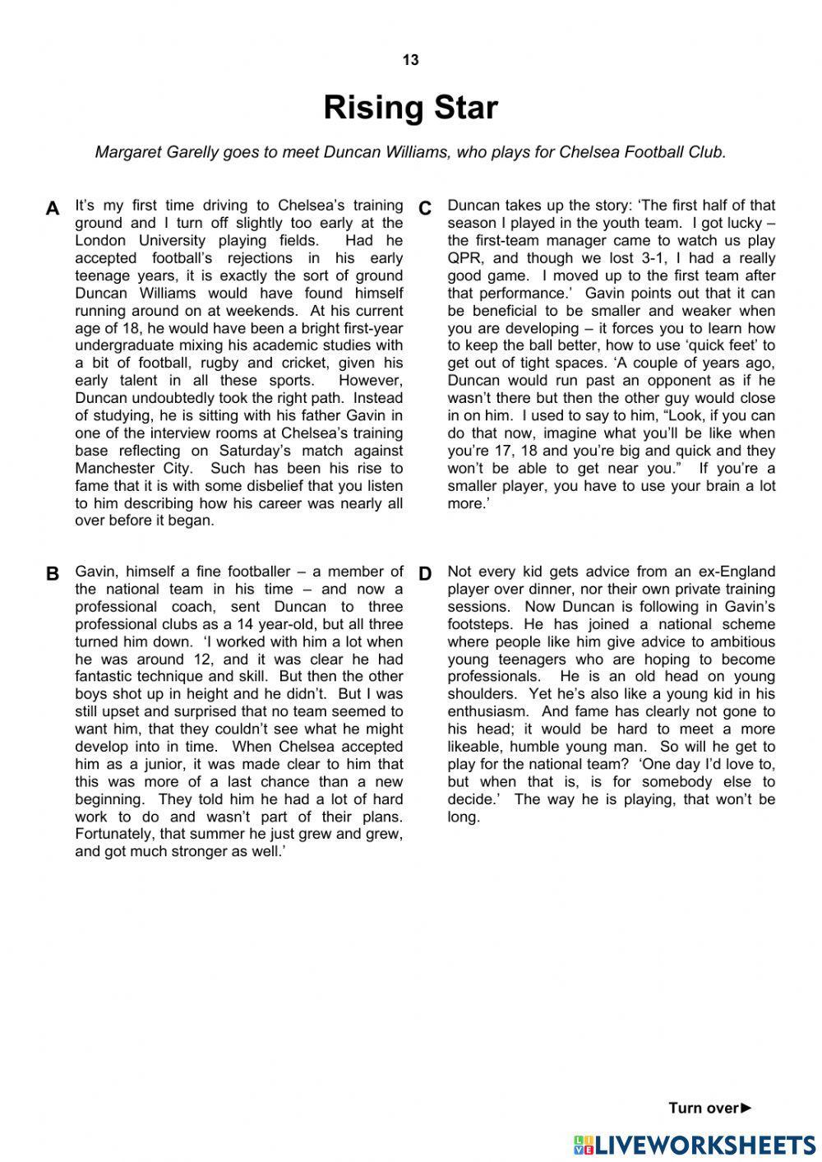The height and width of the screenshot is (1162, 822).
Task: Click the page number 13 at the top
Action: (410, 60)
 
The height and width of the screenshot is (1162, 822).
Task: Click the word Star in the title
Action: (466, 108)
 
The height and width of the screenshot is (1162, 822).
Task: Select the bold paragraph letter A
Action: (53, 209)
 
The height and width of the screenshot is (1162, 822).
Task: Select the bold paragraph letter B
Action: (53, 574)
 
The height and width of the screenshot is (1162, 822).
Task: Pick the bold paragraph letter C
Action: (425, 209)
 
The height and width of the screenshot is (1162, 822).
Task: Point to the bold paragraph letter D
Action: (425, 574)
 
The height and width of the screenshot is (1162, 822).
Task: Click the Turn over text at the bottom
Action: (704, 1108)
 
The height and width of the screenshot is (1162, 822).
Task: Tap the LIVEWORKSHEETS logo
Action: (695, 1146)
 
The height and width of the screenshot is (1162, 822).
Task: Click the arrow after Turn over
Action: (746, 1108)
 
